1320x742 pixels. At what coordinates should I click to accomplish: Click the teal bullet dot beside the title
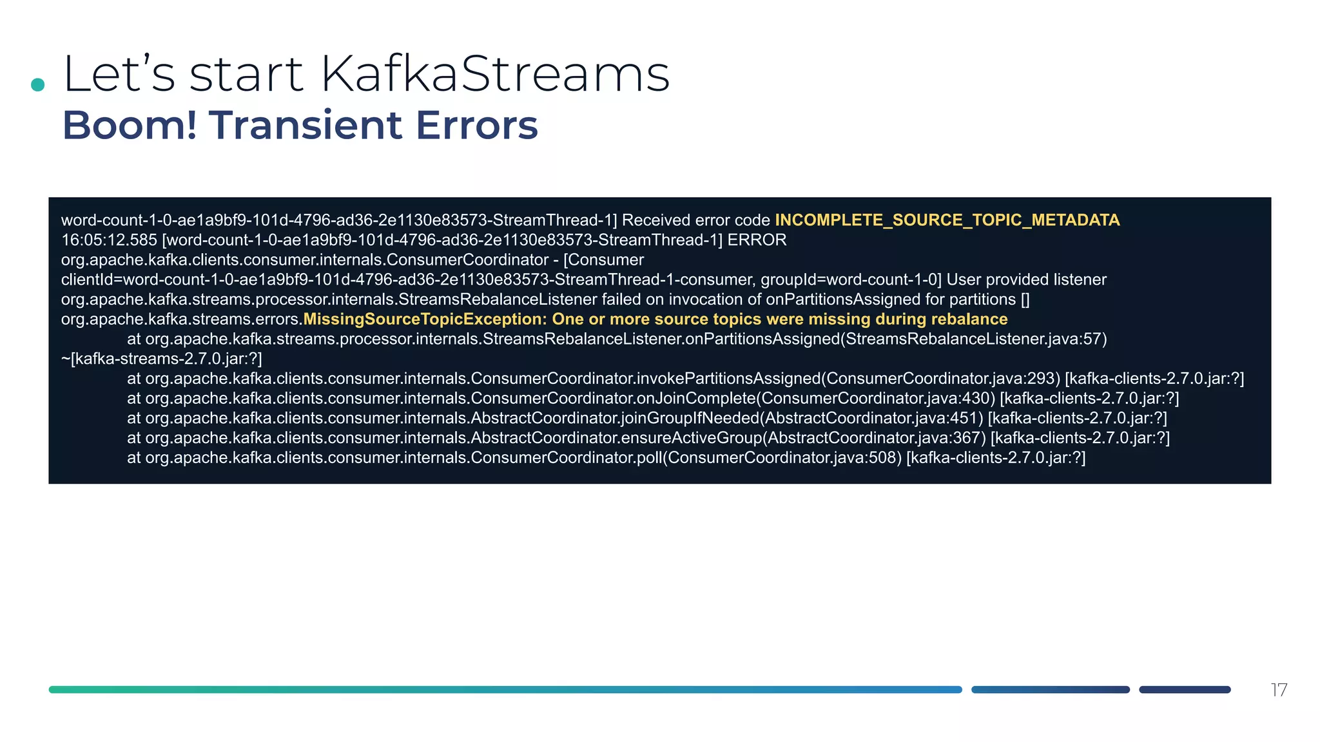[38, 84]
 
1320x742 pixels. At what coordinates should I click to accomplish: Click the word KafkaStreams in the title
[495, 74]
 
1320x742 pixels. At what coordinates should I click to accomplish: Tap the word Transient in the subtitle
[306, 125]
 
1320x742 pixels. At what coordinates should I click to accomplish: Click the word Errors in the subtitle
[477, 125]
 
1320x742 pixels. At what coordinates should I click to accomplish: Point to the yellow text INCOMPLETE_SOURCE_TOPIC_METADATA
[947, 220]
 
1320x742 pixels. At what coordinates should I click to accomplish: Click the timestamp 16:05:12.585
[109, 240]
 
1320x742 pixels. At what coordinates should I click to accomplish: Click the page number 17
[1279, 690]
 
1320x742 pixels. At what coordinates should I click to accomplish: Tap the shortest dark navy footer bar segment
[1185, 690]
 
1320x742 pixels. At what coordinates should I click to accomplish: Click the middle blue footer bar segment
[1050, 690]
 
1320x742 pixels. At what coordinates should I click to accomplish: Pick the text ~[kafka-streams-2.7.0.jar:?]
[161, 359]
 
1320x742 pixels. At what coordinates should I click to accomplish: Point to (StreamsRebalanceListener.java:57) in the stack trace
[973, 339]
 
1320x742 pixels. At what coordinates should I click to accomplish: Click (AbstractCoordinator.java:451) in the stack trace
[871, 419]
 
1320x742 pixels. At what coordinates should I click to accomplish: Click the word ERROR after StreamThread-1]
[757, 240]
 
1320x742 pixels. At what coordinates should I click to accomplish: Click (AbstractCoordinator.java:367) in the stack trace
[874, 438]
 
